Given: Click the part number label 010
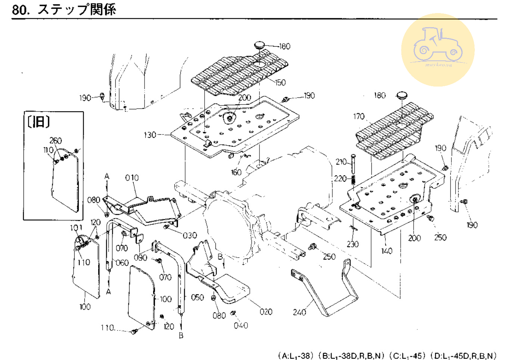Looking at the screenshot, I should tap(132, 178).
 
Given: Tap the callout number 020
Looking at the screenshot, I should tap(266, 312).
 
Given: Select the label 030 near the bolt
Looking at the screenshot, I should tap(190, 235).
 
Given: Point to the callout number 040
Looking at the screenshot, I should tap(241, 325).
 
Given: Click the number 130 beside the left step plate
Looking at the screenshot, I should tap(150, 135).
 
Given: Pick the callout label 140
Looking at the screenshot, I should tap(387, 251).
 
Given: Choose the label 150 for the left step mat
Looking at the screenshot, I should tap(280, 82).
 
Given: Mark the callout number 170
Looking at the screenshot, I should tap(359, 116).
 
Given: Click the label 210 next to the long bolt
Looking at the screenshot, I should tap(341, 162).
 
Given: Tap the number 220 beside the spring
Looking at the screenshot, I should tap(340, 179).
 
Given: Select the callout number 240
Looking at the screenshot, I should tap(299, 312).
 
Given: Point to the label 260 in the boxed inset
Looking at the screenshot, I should tap(56, 141).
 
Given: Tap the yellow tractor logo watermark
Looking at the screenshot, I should tap(438, 50).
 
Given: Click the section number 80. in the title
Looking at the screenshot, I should tap(21, 9).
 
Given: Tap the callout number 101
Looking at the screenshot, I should tap(76, 228).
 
